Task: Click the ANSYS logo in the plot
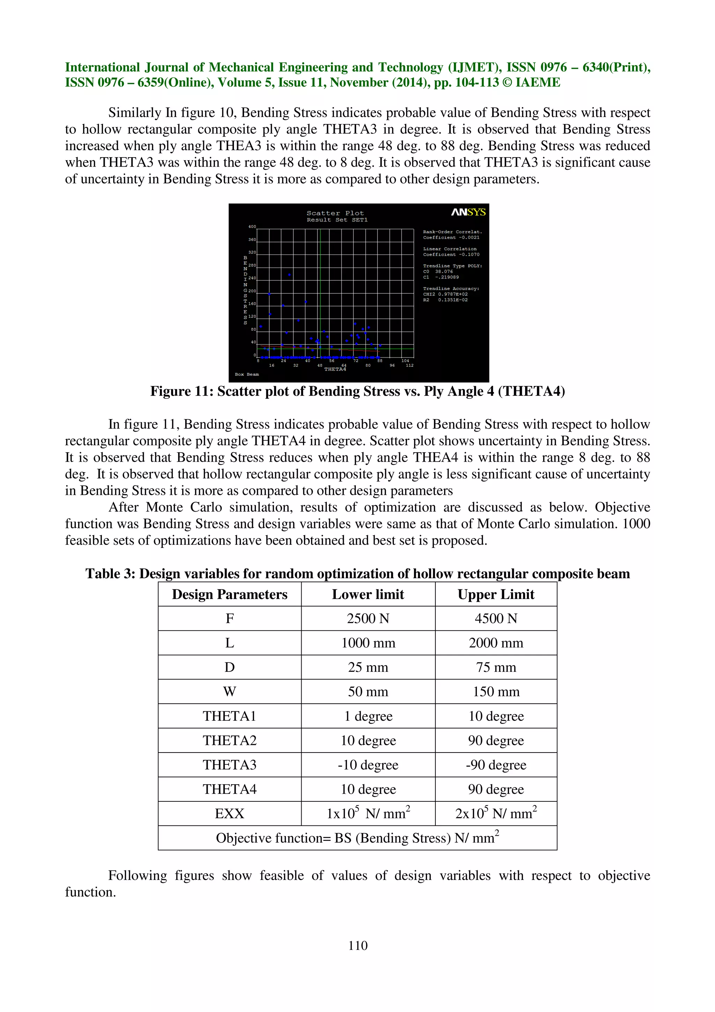pyautogui.click(x=468, y=212)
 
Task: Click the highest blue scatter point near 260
pyautogui.click(x=289, y=274)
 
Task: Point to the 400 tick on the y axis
pyautogui.click(x=252, y=227)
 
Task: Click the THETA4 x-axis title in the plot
pyautogui.click(x=335, y=369)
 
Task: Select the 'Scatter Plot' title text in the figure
pyautogui.click(x=335, y=213)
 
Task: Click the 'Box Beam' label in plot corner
pyautogui.click(x=247, y=374)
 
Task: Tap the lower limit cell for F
pyautogui.click(x=368, y=618)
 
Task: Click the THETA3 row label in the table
pyautogui.click(x=229, y=765)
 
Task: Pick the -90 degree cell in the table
pyautogui.click(x=496, y=765)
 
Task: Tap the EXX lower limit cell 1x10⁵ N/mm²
pyautogui.click(x=368, y=813)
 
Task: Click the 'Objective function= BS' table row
pyautogui.click(x=357, y=838)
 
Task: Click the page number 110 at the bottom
pyautogui.click(x=357, y=945)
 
